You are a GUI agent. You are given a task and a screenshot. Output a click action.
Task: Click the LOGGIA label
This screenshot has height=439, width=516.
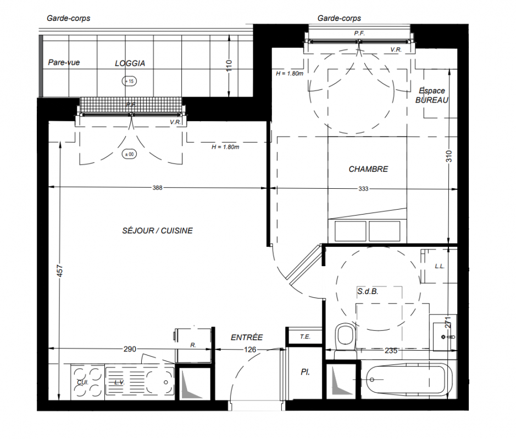(130, 63)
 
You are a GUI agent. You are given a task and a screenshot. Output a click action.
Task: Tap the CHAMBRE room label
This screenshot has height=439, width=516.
(368, 169)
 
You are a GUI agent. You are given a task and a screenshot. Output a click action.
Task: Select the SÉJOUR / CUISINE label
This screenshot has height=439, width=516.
(157, 230)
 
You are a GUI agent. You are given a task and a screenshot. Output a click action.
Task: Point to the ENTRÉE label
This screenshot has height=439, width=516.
(247, 337)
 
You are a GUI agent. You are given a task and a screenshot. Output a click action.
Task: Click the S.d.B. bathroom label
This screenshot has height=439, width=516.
(368, 291)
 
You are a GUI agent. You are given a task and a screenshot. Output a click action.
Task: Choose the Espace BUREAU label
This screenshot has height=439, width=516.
(432, 95)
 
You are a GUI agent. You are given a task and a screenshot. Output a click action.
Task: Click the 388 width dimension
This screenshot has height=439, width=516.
(157, 188)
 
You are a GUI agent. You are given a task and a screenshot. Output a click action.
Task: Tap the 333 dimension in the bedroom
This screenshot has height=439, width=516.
(363, 189)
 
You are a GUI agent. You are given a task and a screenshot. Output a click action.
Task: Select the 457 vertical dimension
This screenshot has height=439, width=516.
(59, 271)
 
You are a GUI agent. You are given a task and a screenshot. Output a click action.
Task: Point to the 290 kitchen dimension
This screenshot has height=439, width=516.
(130, 349)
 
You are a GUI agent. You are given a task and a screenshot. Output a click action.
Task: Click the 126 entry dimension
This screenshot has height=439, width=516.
(250, 350)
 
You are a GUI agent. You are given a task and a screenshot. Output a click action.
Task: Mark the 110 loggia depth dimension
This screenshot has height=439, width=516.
(229, 66)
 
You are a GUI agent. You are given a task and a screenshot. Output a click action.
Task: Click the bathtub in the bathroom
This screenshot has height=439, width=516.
(408, 380)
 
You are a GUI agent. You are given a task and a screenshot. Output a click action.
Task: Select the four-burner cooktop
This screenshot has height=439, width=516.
(87, 382)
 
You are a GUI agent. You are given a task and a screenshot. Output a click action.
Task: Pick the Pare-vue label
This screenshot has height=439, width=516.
(64, 63)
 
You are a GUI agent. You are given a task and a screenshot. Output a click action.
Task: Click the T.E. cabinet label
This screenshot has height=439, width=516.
(305, 336)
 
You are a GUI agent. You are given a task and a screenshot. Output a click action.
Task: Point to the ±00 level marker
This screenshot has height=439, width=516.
(129, 154)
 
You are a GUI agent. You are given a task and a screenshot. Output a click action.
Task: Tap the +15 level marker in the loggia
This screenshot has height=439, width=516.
(129, 81)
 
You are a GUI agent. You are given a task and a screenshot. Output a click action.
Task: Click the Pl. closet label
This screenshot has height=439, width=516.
(305, 372)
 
